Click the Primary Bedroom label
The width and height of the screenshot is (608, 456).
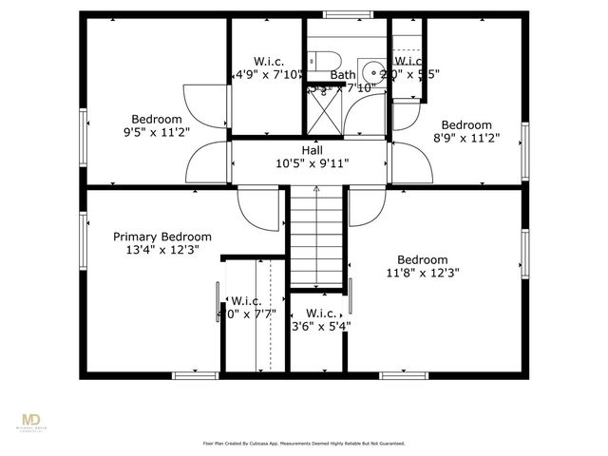162,237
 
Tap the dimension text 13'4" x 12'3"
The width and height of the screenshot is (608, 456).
162,250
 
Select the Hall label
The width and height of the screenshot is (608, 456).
312,150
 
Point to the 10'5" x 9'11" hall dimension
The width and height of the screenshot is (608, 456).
312,163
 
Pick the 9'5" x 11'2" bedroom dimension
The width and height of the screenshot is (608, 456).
157,132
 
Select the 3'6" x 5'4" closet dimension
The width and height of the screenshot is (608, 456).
320,326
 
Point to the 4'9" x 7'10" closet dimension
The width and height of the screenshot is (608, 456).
268,73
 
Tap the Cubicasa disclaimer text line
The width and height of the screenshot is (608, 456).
304,443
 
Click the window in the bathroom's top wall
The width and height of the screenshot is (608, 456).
342,14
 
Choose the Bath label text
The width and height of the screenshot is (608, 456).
342,74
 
